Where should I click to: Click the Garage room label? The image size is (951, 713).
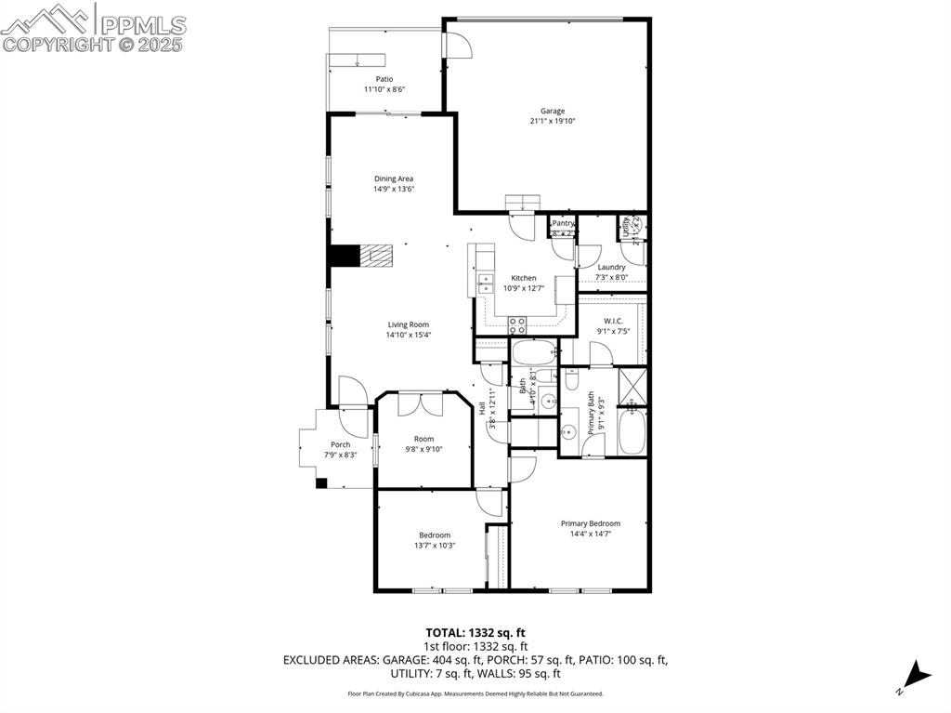pos(553,111)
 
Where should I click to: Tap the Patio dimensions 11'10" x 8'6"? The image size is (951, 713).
pos(384,90)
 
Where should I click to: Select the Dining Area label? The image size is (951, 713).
pos(394,178)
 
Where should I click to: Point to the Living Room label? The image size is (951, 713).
pos(409,324)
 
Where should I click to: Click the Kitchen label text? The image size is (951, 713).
pos(524,278)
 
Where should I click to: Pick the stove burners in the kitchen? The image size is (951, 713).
pos(517,324)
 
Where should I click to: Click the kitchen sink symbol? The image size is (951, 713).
pos(484,284)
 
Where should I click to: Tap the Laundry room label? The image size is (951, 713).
pos(611,267)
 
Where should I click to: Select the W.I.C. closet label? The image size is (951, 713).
pos(613,321)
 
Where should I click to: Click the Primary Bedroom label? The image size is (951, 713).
pos(590,523)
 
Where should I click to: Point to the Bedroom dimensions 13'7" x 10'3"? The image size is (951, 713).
pos(434,546)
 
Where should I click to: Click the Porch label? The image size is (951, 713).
pos(341,444)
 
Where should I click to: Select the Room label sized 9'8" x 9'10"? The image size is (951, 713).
pos(423,439)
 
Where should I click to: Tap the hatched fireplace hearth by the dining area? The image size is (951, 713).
pos(376,256)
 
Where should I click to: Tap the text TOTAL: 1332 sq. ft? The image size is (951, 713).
pos(475,632)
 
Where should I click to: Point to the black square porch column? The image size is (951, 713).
pos(321,482)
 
